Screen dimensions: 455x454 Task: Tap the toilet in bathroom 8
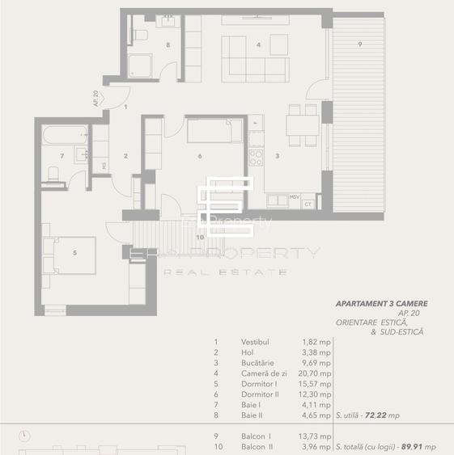(140, 35)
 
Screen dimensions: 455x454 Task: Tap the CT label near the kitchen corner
(308, 204)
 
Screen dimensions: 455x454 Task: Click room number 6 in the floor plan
(199, 157)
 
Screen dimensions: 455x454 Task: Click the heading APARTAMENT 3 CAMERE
(381, 304)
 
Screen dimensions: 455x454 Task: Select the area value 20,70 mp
(315, 373)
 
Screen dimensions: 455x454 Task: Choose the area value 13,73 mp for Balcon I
(315, 436)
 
